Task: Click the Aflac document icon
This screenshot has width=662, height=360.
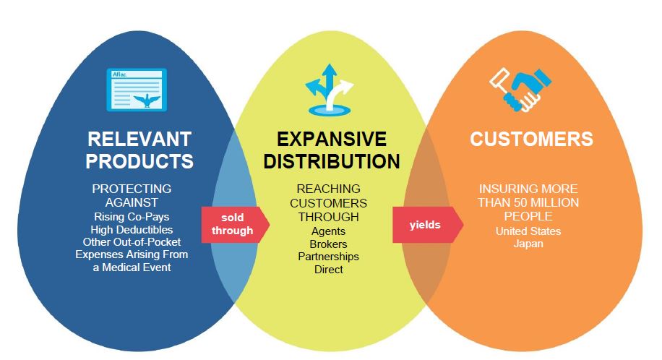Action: click(x=137, y=90)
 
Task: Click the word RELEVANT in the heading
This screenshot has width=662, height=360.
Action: click(x=139, y=139)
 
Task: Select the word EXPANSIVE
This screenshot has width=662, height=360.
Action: click(x=331, y=139)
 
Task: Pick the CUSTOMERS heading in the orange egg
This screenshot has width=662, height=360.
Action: click(x=531, y=139)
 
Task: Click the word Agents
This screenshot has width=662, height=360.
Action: click(x=329, y=231)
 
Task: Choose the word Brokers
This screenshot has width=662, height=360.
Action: click(x=329, y=244)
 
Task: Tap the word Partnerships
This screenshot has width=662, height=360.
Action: click(x=329, y=257)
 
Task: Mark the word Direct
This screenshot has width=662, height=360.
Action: click(x=329, y=270)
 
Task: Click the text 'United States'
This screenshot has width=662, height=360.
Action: click(x=528, y=231)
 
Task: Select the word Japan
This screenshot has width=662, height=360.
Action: click(x=528, y=244)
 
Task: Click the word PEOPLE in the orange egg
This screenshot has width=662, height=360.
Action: click(x=528, y=217)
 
